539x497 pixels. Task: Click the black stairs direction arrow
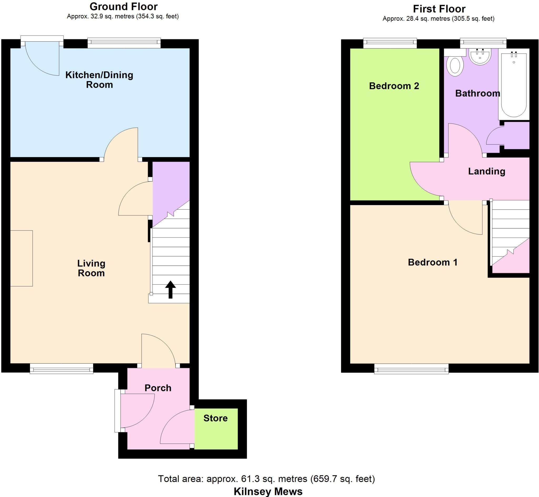click(170, 289)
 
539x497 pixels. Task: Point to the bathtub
click(513, 85)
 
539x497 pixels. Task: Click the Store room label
click(215, 418)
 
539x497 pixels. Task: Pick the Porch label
click(158, 388)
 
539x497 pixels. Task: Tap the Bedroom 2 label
click(394, 86)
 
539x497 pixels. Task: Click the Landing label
click(487, 171)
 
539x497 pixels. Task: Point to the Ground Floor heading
click(123, 7)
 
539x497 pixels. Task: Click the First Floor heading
click(439, 9)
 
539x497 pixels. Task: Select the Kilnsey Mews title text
click(268, 492)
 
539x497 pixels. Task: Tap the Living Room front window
click(61, 369)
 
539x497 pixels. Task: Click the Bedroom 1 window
click(411, 369)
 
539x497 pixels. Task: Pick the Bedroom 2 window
click(390, 43)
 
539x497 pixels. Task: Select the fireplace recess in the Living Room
click(22, 258)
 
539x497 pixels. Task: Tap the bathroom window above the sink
click(483, 43)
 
